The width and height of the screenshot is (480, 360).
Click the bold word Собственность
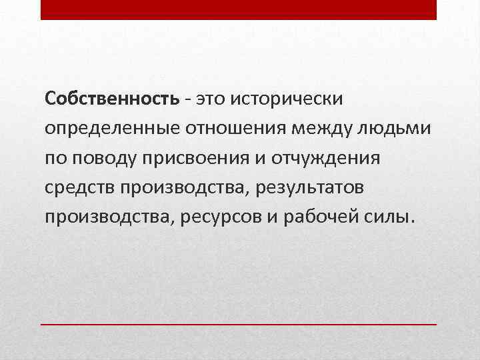coord(112,99)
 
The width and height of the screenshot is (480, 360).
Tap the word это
coord(211,99)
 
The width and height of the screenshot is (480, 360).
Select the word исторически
coord(287,99)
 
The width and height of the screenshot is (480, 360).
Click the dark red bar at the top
coord(239,9)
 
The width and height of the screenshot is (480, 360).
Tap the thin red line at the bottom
coord(239,324)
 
